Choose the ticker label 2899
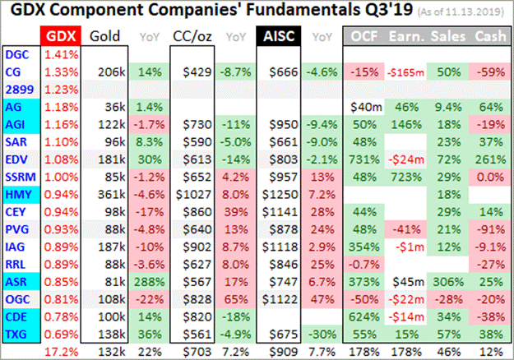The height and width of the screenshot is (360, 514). coord(17,90)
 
